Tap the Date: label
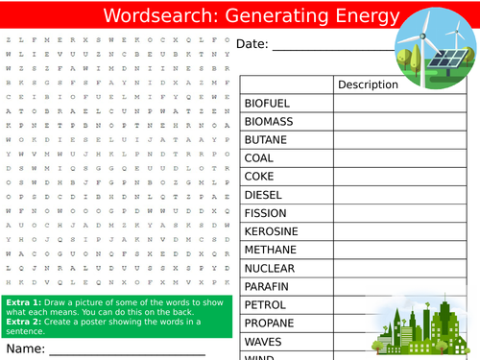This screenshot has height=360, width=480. point(252,44)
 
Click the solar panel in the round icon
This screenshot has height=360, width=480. point(443,60)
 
